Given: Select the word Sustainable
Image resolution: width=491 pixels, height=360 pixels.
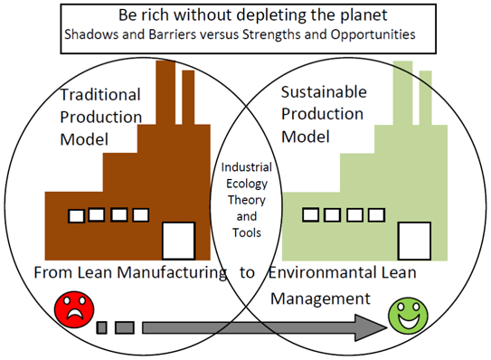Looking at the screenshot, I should pos(324,92).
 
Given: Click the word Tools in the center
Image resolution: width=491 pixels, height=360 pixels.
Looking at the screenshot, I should pos(246,232).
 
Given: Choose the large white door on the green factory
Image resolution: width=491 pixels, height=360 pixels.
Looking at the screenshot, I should pos(414,240).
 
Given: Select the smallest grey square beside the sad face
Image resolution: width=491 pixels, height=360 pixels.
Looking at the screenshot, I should pos(101,327).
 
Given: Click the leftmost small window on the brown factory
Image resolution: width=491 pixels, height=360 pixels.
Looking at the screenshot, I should pos(77,215).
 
